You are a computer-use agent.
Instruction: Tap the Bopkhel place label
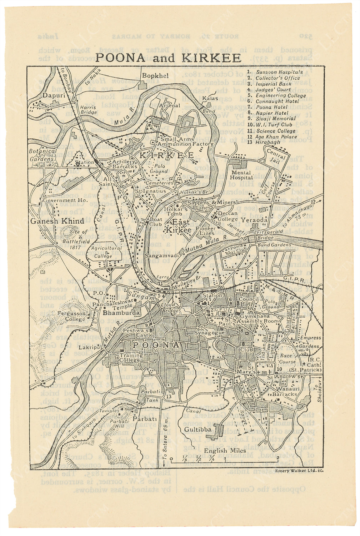pyautogui.click(x=153, y=76)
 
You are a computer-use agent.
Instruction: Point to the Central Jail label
pyautogui.click(x=276, y=155)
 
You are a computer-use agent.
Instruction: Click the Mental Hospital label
pyautogui.click(x=241, y=175)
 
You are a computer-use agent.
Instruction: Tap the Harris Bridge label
pyautogui.click(x=88, y=109)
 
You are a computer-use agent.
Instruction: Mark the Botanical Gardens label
pyautogui.click(x=43, y=154)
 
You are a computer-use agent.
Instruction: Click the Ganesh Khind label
pyautogui.click(x=57, y=221)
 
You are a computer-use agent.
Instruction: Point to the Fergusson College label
pyautogui.click(x=71, y=316)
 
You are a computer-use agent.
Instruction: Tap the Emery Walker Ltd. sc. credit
pyautogui.click(x=299, y=471)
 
